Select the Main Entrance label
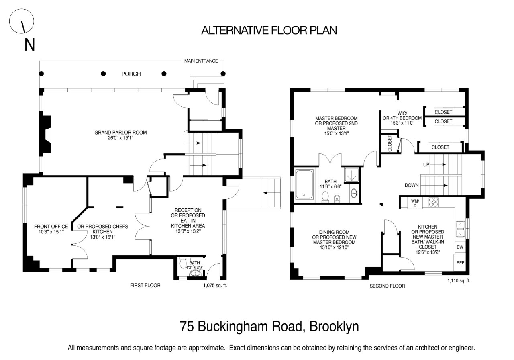click(201, 61)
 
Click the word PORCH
click(131, 74)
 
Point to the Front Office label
click(51, 229)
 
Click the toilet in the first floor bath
click(184, 264)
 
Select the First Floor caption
click(145, 286)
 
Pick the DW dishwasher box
click(460, 247)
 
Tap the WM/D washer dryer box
click(415, 203)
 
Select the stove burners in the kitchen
click(433, 202)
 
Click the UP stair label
click(427, 165)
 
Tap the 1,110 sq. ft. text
click(459, 281)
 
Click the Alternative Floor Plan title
click(269, 30)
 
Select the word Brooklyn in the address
click(332, 326)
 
